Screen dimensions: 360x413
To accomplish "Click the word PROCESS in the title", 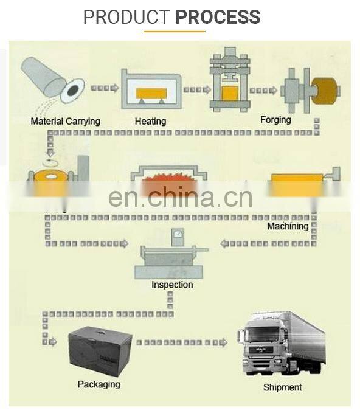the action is tap(218, 16).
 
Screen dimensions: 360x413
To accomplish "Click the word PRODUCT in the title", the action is tap(126, 16).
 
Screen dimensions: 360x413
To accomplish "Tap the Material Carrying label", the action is tap(65, 122).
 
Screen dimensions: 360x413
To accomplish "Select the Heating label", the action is tap(150, 122).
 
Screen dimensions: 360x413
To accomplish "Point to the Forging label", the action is tap(275, 120).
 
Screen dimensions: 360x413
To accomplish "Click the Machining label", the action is tap(288, 226).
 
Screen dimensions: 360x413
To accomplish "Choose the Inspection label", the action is tap(172, 285).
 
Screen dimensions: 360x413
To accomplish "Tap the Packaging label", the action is tap(99, 384).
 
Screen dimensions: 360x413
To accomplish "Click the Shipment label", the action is tap(282, 387).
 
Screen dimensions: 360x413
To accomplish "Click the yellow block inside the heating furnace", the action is tap(151, 93).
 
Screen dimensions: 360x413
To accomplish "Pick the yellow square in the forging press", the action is tap(230, 94).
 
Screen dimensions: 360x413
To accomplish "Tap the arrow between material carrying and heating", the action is tap(105, 88).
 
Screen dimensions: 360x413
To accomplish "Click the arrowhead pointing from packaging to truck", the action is tap(223, 342).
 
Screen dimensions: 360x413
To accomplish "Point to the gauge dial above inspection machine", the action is tap(178, 234).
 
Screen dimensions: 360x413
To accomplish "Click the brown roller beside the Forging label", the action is tap(325, 91).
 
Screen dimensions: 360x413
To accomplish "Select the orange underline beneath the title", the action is tap(175, 32).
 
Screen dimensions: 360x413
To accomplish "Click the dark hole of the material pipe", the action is tap(73, 91).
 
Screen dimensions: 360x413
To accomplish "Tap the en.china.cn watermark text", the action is tap(181, 197).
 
